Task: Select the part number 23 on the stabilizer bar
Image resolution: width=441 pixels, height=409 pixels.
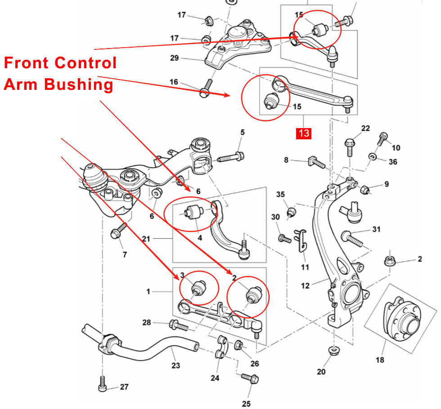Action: point(175,365)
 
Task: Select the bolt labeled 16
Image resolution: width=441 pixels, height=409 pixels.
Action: point(206,89)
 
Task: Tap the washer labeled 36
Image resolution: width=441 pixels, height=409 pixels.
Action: point(373,156)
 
